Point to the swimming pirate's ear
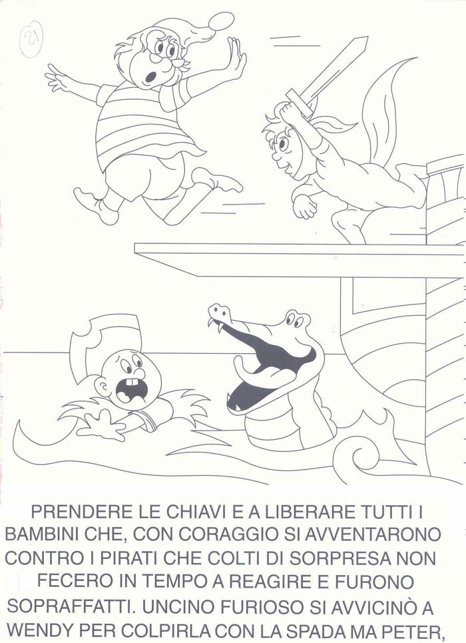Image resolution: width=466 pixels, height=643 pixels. (x=101, y=386)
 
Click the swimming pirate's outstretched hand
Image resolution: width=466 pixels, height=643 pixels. (x=100, y=423)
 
